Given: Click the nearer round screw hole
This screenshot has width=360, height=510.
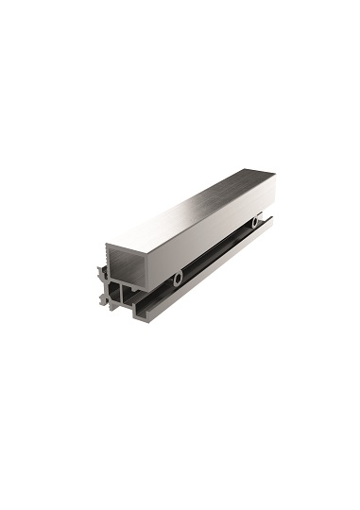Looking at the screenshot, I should click(177, 280).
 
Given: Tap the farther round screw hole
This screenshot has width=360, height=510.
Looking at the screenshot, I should click(255, 222).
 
